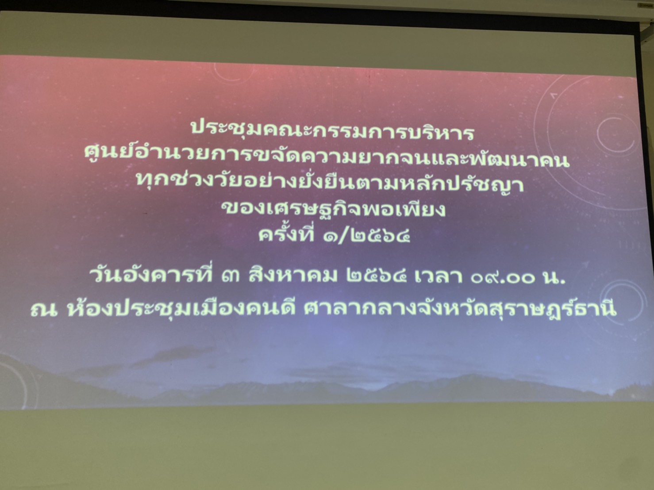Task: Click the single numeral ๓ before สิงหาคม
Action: coord(230,276)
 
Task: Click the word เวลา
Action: coord(439,276)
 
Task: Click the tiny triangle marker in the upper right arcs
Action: coord(554,96)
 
